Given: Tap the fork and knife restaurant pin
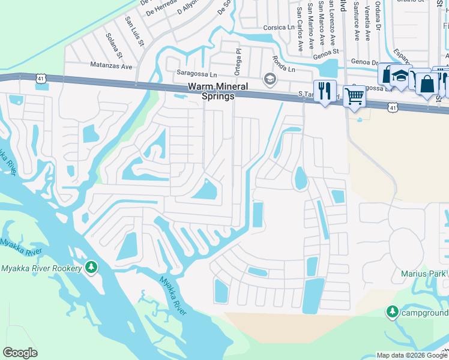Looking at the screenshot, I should [x=325, y=92].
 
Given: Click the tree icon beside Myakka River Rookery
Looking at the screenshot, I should [x=91, y=266].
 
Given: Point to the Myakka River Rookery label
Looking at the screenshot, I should [x=41, y=268].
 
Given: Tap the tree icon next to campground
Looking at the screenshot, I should [x=392, y=311].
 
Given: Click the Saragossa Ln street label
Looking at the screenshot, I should [x=196, y=74].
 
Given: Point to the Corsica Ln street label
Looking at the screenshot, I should [x=279, y=28].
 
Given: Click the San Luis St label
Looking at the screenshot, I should [x=134, y=31].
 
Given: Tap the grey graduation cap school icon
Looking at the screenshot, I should [x=270, y=79].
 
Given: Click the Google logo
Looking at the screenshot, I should [x=20, y=353].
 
